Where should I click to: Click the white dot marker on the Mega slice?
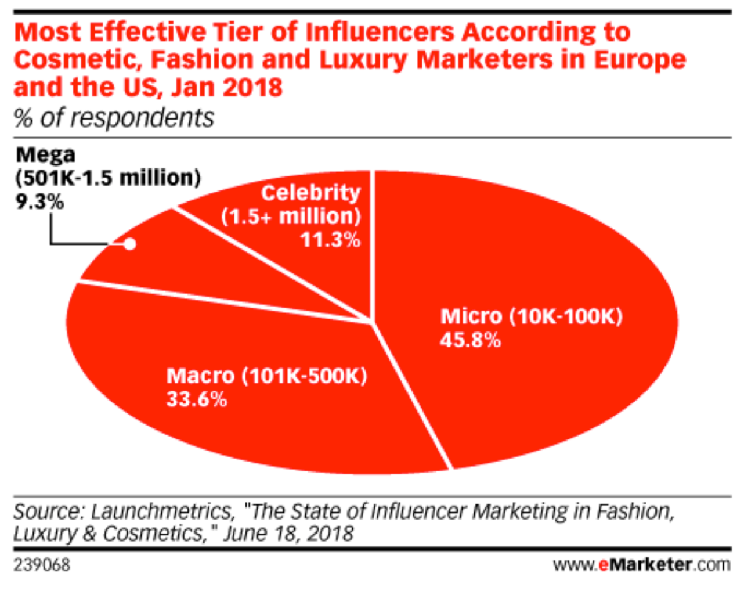(x=130, y=244)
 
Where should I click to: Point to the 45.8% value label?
(x=470, y=340)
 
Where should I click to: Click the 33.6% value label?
(x=197, y=399)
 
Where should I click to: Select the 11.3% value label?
(x=330, y=239)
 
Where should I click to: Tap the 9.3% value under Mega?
(x=39, y=201)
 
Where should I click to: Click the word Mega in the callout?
(x=45, y=155)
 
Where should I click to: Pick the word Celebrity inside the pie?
(x=310, y=192)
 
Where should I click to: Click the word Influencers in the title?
(x=380, y=33)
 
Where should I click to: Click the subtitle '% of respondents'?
(x=114, y=118)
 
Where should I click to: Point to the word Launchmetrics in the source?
(x=162, y=511)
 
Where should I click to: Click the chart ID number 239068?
(x=42, y=564)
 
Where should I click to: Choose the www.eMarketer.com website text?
(x=641, y=564)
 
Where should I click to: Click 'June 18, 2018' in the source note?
(x=288, y=534)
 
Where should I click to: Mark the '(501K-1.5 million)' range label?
(x=108, y=178)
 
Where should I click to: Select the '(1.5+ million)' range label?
(x=291, y=216)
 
